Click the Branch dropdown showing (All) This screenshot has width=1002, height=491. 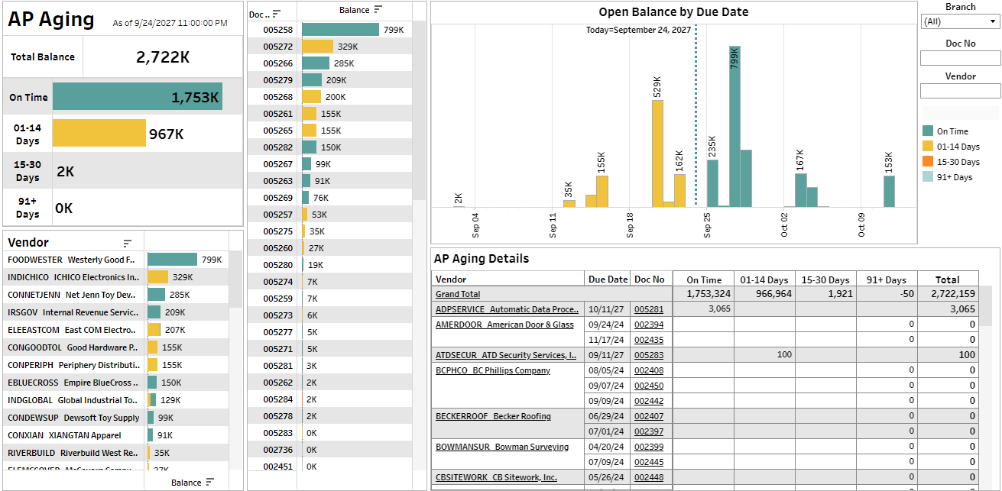(x=960, y=22)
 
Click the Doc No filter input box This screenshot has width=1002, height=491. (x=960, y=58)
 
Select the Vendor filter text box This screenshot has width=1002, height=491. (x=960, y=91)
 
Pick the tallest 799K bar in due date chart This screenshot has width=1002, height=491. (x=734, y=126)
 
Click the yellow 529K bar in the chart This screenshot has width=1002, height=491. (x=657, y=153)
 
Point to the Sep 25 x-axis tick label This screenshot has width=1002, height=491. (x=707, y=225)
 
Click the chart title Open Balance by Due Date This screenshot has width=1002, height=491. (x=673, y=12)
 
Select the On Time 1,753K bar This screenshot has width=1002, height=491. (x=138, y=97)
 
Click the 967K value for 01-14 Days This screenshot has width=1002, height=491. (x=166, y=134)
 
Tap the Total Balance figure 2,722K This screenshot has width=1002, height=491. (x=163, y=57)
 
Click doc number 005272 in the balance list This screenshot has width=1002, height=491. (x=277, y=47)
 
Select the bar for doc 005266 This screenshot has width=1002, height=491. (x=316, y=63)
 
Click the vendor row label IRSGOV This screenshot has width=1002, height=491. (x=24, y=312)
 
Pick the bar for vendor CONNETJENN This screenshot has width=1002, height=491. (x=157, y=295)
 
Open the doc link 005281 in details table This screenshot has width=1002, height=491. (x=648, y=309)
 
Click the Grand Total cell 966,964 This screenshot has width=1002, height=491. (x=764, y=294)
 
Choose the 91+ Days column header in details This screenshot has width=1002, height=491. (x=886, y=279)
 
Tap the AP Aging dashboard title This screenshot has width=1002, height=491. (x=51, y=20)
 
